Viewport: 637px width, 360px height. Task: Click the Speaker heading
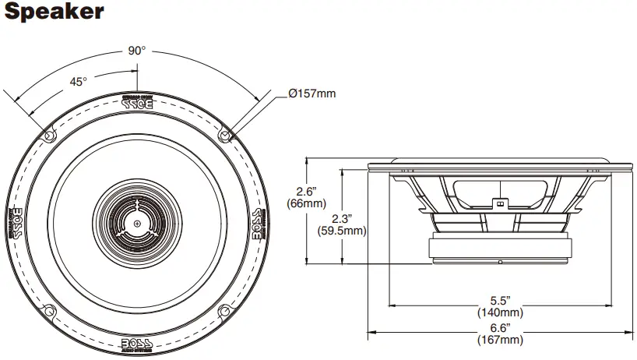(x=53, y=13)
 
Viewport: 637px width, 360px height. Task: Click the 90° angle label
(x=137, y=51)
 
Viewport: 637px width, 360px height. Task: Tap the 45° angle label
(x=79, y=81)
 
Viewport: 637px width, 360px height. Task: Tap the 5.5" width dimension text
(x=499, y=300)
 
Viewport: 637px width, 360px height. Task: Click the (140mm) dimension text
(x=499, y=312)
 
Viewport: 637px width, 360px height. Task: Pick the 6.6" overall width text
(x=499, y=327)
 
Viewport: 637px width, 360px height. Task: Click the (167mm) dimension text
(x=499, y=340)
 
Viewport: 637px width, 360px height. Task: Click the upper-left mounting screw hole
(x=49, y=135)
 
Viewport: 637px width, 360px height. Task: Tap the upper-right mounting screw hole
(x=225, y=135)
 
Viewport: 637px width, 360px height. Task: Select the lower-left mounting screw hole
(x=49, y=312)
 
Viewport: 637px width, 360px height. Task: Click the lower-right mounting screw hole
(x=225, y=312)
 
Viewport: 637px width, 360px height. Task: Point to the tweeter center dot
(x=137, y=224)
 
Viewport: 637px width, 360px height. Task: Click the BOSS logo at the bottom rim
(x=137, y=345)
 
